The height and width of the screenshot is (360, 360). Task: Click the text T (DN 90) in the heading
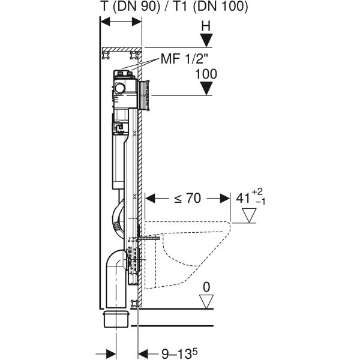coord(125,7)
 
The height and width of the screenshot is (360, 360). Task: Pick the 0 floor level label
coord(206,289)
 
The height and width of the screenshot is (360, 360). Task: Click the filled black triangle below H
coord(207,41)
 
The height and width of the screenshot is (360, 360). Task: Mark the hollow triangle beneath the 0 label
coord(206,304)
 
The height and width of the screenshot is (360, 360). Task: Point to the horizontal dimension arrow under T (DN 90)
coord(121,21)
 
